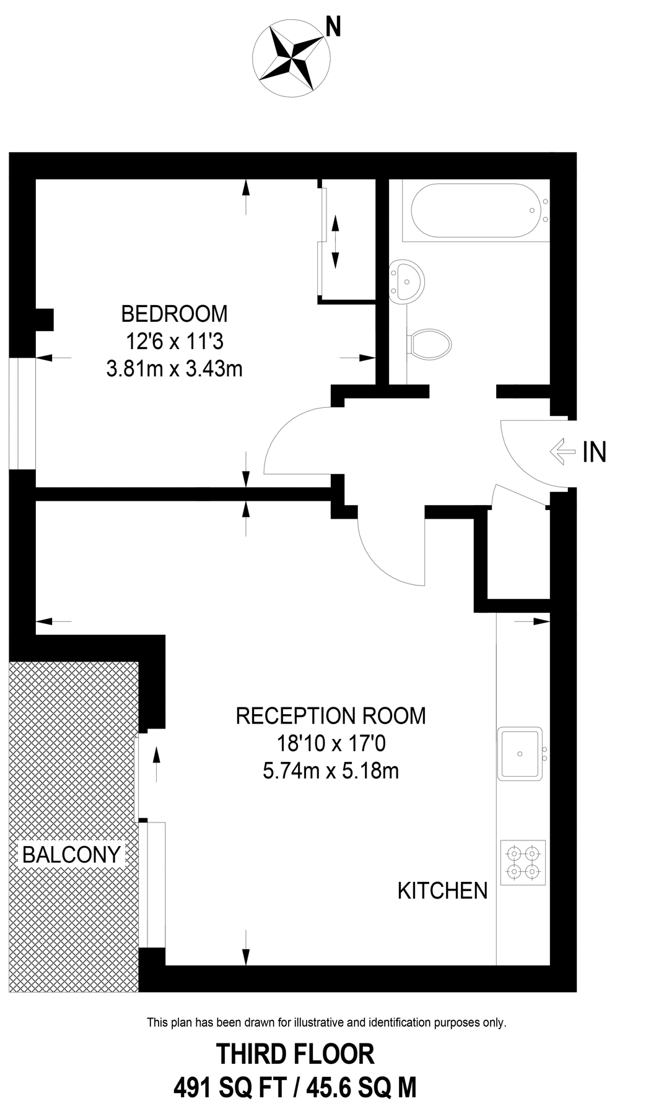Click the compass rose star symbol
click(291, 58)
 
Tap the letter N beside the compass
click(333, 27)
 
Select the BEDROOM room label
click(174, 314)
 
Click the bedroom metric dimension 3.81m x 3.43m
click(174, 369)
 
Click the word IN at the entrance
click(594, 452)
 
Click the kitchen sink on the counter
click(520, 753)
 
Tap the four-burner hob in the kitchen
click(523, 862)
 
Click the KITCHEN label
click(442, 891)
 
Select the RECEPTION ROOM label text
click(331, 716)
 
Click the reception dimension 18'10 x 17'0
click(331, 743)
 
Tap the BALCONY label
click(71, 855)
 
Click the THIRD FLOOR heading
click(295, 1054)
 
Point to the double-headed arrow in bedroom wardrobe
click(335, 241)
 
